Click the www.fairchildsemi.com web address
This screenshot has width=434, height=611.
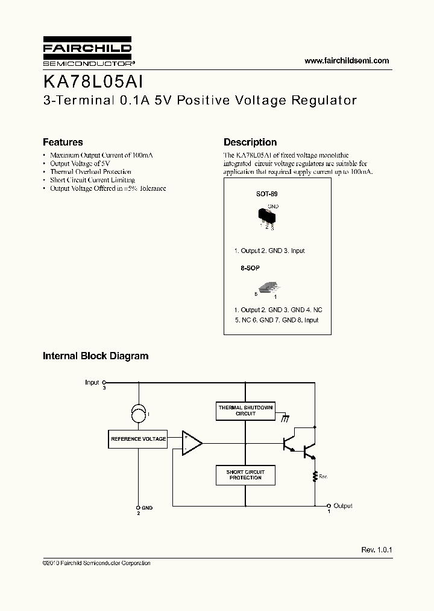click(347, 60)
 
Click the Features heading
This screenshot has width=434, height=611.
click(63, 142)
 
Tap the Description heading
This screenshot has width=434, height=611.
click(250, 142)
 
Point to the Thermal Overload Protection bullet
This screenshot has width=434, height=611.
click(90, 172)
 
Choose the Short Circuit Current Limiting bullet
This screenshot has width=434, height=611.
click(92, 180)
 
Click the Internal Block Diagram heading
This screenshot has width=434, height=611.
click(95, 356)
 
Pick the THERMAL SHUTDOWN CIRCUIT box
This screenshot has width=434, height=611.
click(245, 411)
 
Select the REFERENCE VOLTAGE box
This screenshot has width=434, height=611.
click(138, 439)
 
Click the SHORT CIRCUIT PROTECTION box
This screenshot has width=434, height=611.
click(245, 475)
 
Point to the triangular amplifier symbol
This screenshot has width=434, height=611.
click(192, 443)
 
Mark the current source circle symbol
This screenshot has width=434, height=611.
click(138, 414)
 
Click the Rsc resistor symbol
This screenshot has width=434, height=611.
click(314, 476)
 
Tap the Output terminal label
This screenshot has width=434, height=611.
click(343, 506)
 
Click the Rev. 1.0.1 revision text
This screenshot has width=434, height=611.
click(377, 550)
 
